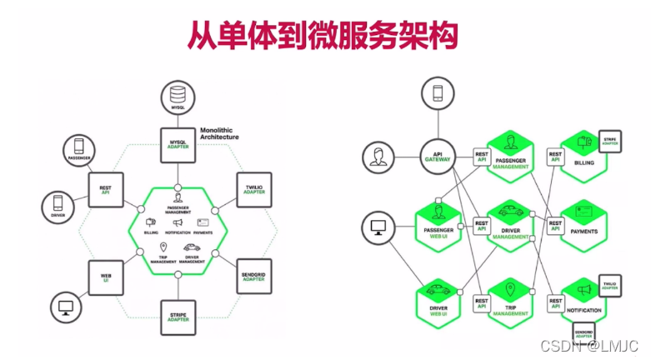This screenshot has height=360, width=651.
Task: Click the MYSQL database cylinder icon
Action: [x=178, y=100]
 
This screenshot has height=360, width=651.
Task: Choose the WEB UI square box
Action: [x=106, y=275]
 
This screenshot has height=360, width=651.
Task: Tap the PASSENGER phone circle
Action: [x=80, y=149]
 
